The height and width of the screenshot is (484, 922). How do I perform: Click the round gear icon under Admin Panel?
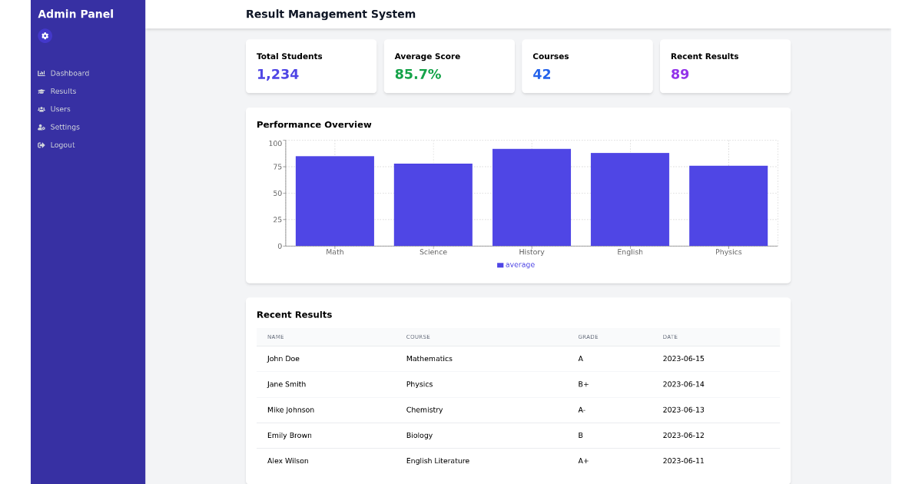[x=45, y=35]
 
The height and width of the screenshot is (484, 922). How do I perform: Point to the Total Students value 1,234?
[x=277, y=75]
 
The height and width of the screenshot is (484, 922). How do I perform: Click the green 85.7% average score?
[x=417, y=75]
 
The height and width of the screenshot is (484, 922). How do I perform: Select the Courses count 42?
[x=542, y=75]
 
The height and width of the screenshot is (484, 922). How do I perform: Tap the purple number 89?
[x=679, y=75]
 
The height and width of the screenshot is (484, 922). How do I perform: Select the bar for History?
[x=531, y=197]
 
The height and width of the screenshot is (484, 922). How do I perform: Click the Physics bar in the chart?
[x=728, y=206]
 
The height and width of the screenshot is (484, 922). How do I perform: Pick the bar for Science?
[x=433, y=204]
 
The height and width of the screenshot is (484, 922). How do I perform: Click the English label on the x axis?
[x=629, y=252]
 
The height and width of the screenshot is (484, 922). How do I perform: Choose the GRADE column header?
[x=588, y=337]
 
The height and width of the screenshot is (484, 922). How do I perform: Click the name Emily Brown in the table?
[x=289, y=436]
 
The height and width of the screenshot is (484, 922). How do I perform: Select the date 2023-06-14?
[x=683, y=384]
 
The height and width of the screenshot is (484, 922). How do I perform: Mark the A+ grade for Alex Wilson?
[x=583, y=461]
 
